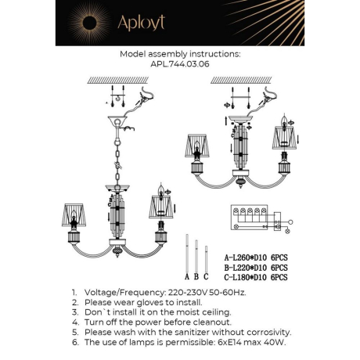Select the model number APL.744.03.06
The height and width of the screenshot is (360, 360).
[x=179, y=66]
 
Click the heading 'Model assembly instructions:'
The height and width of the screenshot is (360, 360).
[x=179, y=55]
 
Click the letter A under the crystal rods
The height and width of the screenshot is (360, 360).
[x=185, y=275]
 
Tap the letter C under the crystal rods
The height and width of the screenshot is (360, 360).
[x=205, y=275]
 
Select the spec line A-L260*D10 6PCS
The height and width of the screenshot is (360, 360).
[x=256, y=256]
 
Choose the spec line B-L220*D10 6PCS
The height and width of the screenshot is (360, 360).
[x=256, y=266]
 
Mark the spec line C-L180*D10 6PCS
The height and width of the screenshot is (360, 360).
[x=256, y=276]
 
